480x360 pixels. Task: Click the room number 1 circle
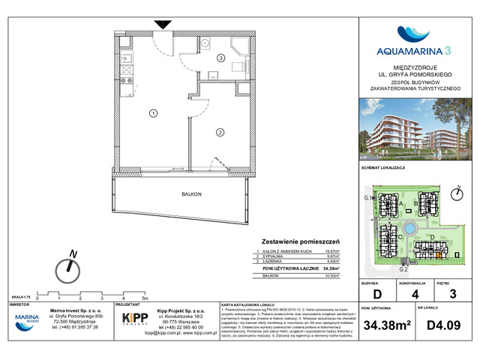(x=153, y=114)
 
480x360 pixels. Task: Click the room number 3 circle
(x=220, y=58)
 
